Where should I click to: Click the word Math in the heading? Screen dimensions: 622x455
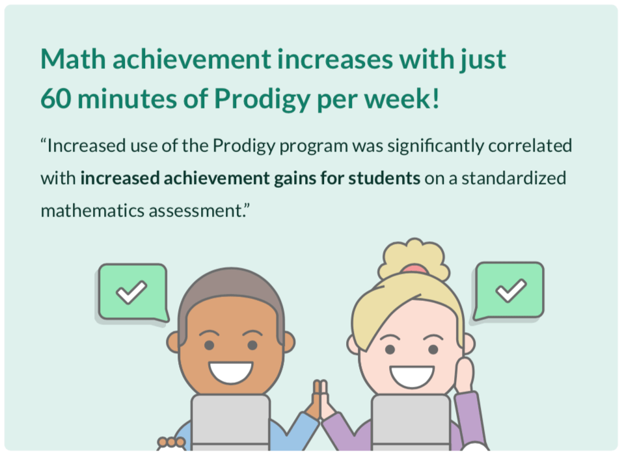(x=73, y=59)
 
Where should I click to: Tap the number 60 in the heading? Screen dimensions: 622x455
(x=56, y=98)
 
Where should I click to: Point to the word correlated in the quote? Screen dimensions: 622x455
(x=530, y=146)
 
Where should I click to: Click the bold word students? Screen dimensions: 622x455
(x=384, y=178)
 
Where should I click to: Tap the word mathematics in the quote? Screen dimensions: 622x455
(x=92, y=211)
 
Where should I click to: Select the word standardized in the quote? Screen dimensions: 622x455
(x=513, y=178)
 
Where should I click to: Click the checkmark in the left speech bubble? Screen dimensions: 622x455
(x=131, y=292)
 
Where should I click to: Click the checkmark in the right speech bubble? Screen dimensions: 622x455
(x=511, y=290)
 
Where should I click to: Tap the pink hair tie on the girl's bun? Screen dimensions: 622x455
(x=414, y=270)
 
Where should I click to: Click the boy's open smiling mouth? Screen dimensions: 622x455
(x=231, y=372)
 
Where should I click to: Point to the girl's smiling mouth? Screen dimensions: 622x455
(x=412, y=377)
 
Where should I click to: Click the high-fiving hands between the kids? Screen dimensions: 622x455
(x=320, y=400)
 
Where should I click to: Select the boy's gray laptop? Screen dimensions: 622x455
(x=230, y=422)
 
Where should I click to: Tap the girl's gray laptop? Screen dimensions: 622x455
(x=411, y=422)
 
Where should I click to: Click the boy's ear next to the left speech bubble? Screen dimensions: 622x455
(x=172, y=343)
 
